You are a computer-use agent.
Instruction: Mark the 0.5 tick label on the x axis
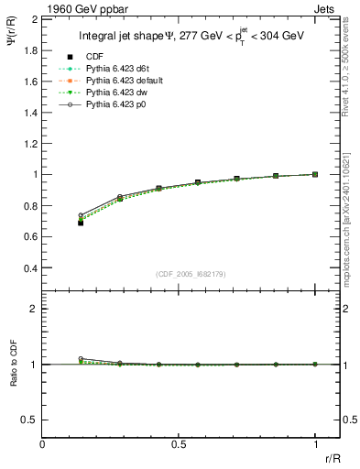(179, 445)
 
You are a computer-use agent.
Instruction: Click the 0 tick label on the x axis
(43, 445)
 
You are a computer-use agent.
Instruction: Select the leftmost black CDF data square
(81, 223)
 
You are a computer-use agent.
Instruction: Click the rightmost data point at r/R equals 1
(315, 174)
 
